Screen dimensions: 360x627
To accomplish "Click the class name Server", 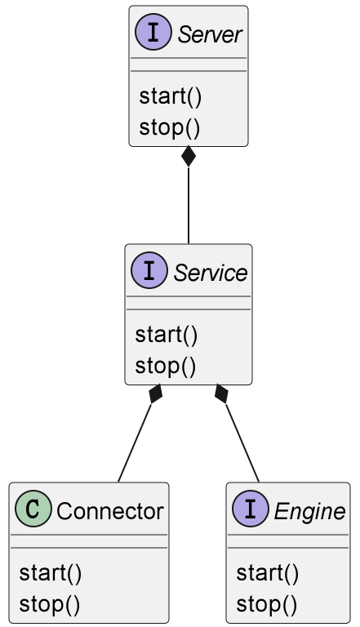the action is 210,34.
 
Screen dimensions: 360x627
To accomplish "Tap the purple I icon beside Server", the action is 153,32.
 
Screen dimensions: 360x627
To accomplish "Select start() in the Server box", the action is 171,97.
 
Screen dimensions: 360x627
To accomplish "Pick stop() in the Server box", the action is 169,127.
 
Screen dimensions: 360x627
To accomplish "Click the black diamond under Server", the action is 189,157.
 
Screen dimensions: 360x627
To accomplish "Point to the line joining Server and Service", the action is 189,205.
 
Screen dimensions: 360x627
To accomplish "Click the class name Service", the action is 211,273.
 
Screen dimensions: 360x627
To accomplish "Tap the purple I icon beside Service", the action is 149,270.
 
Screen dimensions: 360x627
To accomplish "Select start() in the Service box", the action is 167,335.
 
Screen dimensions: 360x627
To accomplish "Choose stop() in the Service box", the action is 165,366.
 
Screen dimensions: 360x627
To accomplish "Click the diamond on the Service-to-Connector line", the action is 155,394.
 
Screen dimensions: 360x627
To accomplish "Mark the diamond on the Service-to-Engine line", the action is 221,394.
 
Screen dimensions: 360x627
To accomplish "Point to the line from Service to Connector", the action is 135,443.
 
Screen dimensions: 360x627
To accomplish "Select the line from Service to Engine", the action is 242,443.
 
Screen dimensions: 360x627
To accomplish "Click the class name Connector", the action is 110,511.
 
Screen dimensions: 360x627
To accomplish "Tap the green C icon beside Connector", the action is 33,509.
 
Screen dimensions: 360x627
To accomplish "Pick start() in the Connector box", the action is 51,573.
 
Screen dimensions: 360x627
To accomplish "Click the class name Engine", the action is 309,512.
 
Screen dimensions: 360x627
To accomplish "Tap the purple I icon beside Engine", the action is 251,509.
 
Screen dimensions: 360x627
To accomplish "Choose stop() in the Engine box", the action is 266,604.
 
